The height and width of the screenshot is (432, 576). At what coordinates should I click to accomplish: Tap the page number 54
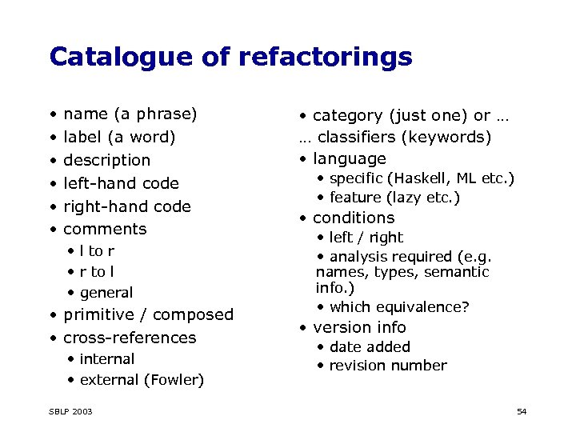tap(522, 411)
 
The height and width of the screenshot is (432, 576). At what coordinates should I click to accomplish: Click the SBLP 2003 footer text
tap(70, 411)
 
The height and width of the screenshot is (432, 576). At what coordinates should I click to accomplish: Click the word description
tap(106, 160)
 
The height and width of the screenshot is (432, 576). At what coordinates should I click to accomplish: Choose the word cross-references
tap(130, 338)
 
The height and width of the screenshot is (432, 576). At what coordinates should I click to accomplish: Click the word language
tap(349, 158)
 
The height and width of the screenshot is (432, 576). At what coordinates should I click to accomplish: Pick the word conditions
tap(354, 218)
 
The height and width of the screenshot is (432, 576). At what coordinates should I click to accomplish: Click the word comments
tap(105, 229)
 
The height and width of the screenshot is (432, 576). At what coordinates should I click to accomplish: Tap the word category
tap(347, 115)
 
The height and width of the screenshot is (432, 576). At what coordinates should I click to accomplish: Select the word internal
tap(107, 359)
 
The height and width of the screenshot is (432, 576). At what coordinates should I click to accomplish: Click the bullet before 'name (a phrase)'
tap(52, 114)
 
